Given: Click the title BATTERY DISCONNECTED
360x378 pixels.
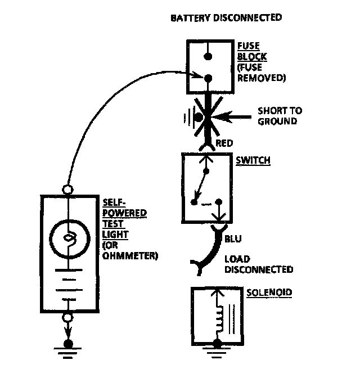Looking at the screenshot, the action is pyautogui.click(x=226, y=18).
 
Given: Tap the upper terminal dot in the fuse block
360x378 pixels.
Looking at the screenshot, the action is pyautogui.click(x=208, y=56).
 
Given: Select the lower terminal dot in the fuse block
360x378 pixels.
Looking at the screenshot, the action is pyautogui.click(x=208, y=78).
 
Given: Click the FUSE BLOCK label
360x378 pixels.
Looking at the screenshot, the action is pyautogui.click(x=252, y=51).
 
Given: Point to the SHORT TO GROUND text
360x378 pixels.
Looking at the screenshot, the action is pyautogui.click(x=280, y=116).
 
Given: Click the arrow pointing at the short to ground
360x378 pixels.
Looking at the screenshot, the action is pyautogui.click(x=232, y=118).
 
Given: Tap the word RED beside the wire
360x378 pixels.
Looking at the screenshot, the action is pyautogui.click(x=224, y=143).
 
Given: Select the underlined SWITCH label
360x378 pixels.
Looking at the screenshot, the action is pyautogui.click(x=253, y=160).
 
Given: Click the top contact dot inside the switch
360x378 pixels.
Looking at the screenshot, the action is pyautogui.click(x=206, y=171).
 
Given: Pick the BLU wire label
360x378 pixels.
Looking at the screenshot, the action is pyautogui.click(x=233, y=238).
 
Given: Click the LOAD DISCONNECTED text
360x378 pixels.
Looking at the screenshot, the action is pyautogui.click(x=259, y=264).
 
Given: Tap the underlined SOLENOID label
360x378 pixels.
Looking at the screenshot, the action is pyautogui.click(x=269, y=292).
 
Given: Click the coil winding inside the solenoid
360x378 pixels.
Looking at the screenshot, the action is pyautogui.click(x=220, y=319).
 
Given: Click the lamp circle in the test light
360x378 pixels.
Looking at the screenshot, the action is pyautogui.click(x=70, y=239).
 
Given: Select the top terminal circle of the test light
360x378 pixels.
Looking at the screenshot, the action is pyautogui.click(x=67, y=190).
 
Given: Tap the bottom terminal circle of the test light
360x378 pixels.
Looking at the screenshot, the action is pyautogui.click(x=67, y=317).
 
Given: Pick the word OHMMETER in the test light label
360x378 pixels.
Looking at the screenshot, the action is pyautogui.click(x=130, y=255).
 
